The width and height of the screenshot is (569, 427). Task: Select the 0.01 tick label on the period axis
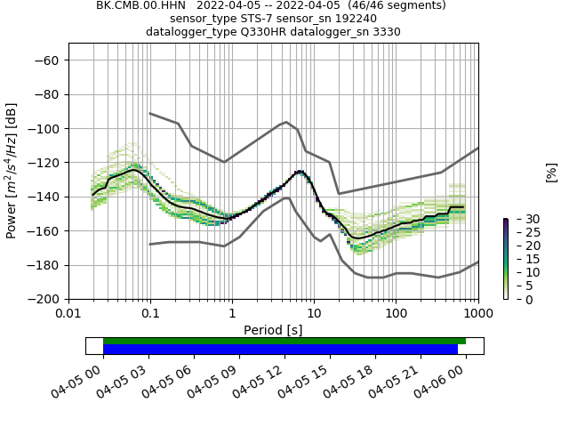click(68, 314)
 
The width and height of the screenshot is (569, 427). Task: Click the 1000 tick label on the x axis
click(477, 314)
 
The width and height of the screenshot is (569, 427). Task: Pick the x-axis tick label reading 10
click(314, 314)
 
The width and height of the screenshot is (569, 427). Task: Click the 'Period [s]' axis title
click(273, 330)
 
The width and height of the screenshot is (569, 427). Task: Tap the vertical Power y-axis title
click(12, 171)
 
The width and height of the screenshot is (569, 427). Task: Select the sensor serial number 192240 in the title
click(351, 19)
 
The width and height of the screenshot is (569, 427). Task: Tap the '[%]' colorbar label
click(551, 171)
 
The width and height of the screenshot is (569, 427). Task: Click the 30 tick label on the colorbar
click(523, 219)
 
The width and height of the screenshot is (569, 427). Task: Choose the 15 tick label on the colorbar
click(523, 259)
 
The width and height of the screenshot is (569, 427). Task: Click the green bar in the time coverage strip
click(284, 341)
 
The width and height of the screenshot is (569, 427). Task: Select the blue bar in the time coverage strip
click(280, 349)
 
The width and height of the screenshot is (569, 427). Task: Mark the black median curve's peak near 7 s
click(300, 171)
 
